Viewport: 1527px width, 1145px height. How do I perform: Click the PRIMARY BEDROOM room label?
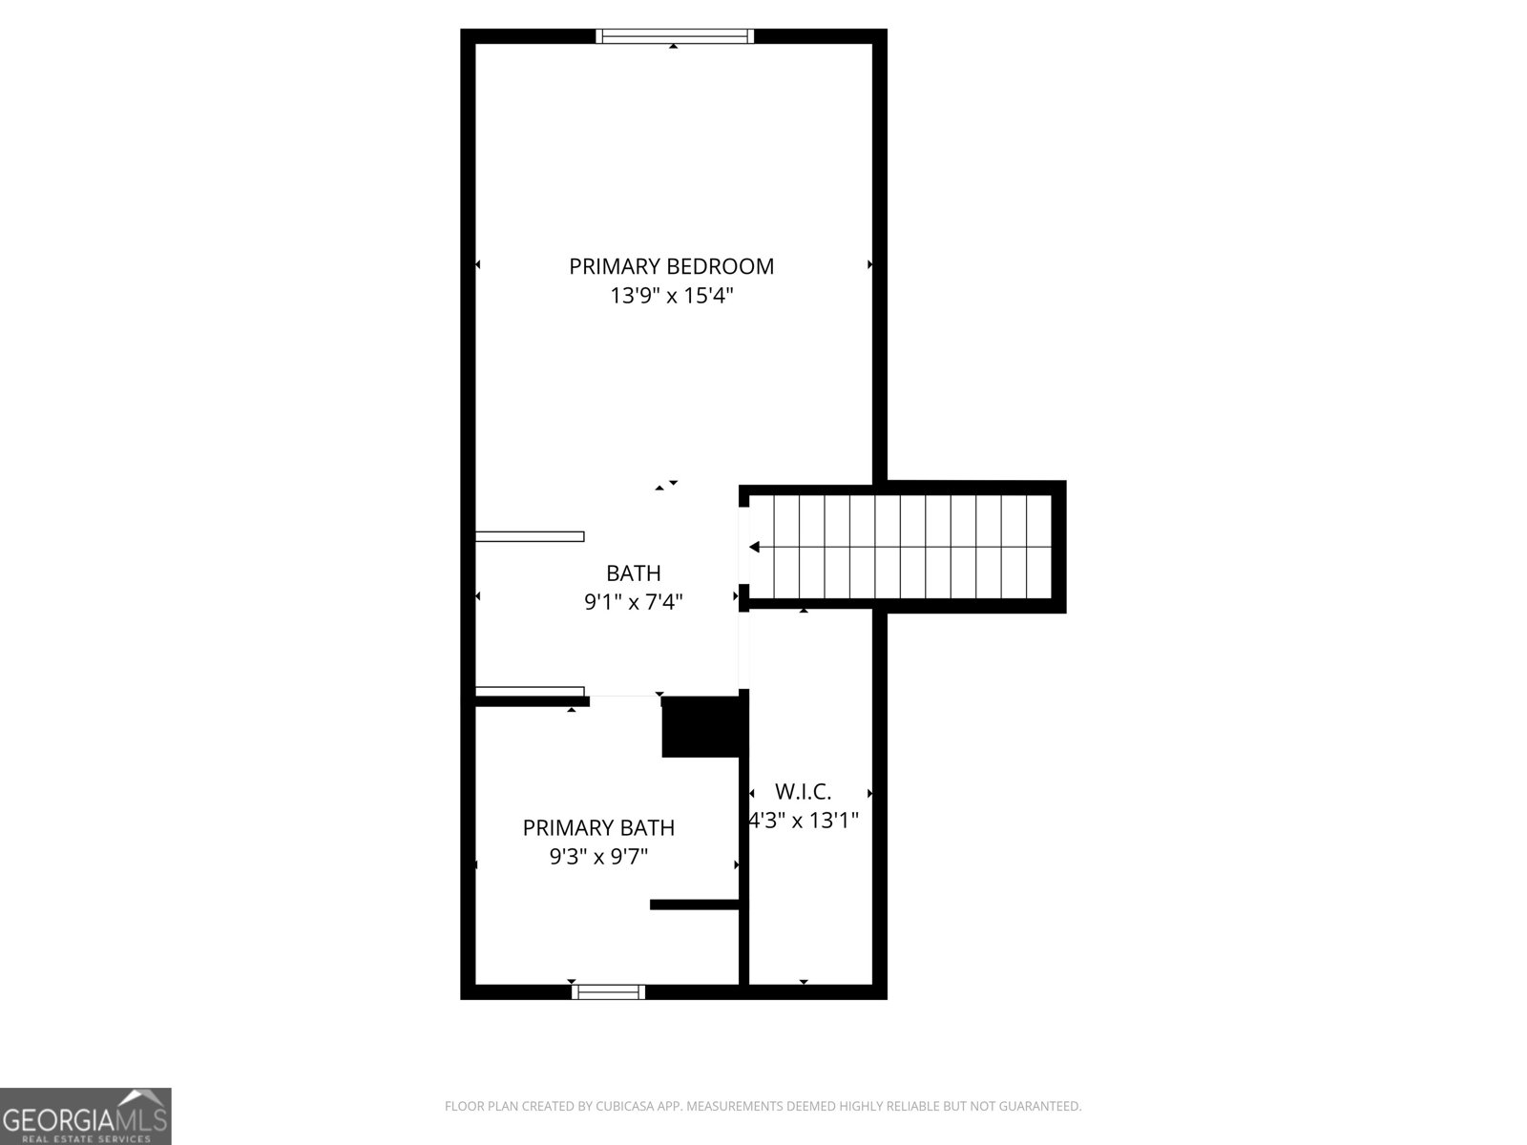pos(671,266)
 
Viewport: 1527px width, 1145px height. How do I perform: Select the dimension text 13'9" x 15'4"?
pos(671,296)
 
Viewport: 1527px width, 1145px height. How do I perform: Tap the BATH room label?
pos(634,572)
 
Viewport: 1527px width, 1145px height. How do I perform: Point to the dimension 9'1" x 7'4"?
pos(634,602)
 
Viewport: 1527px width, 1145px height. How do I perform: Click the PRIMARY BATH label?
pos(598,827)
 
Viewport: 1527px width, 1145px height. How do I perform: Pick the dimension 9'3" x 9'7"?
pos(598,857)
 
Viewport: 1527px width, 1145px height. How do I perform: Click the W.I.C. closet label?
pos(804,791)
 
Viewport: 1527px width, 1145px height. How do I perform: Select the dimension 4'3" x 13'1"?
pos(804,820)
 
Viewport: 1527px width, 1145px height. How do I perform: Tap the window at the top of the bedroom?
pos(675,36)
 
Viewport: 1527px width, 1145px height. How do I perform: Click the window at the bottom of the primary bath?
pos(608,992)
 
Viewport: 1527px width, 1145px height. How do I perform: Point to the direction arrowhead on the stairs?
pos(754,547)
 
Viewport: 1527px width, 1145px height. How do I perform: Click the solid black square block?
pos(701,727)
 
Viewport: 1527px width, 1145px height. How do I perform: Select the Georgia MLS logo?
pos(85,1115)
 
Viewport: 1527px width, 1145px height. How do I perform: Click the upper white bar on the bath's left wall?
pos(530,536)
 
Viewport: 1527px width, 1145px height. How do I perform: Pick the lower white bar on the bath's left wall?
pos(530,691)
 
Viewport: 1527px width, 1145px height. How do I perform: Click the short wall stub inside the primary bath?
pos(695,905)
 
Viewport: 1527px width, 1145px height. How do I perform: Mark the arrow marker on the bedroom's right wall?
pos(869,264)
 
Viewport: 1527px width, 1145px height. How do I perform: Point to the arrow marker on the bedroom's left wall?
pos(477,264)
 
